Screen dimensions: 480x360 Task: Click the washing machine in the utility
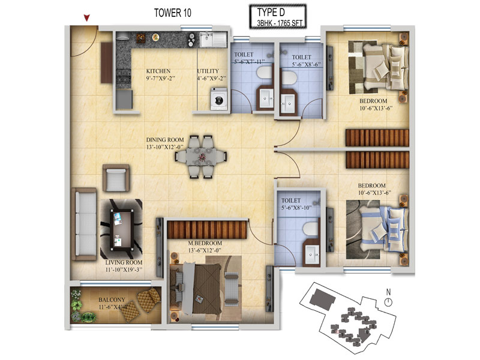point(219,99)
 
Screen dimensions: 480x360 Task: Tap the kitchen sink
point(213,40)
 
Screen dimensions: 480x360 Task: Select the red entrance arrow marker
point(87,18)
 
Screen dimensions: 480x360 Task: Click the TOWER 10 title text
point(173,13)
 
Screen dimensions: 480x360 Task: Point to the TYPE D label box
point(278,17)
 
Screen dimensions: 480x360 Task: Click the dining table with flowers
point(201,157)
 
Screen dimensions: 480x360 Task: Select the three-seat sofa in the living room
point(84,224)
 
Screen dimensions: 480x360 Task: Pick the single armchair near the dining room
point(116,178)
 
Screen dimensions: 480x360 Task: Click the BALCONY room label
point(112,299)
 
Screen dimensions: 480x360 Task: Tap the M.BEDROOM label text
point(205,243)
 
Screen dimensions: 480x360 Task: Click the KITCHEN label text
point(158,71)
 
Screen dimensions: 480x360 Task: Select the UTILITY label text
point(208,71)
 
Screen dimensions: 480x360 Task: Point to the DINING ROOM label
point(165,140)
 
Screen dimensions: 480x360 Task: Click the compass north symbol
point(388,299)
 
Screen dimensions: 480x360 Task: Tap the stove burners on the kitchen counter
point(124,77)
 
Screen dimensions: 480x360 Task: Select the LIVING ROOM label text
point(124,262)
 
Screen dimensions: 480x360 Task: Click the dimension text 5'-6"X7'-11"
point(249,62)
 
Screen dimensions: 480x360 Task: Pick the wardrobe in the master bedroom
point(207,229)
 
